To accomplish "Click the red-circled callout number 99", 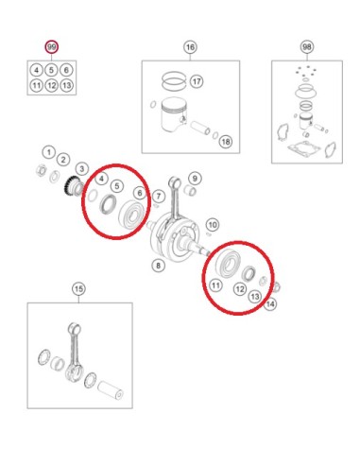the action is pyautogui.click(x=51, y=47).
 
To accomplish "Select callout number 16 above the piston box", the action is pyautogui.click(x=190, y=47).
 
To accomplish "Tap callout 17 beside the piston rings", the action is pyautogui.click(x=197, y=81).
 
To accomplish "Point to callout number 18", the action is pyautogui.click(x=226, y=142).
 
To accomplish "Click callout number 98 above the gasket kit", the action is pyautogui.click(x=307, y=47).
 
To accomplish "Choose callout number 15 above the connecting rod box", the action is pyautogui.click(x=78, y=288).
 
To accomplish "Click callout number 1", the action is pyautogui.click(x=48, y=153).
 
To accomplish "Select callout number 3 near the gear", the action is pyautogui.click(x=82, y=168).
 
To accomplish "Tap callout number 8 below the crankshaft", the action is pyautogui.click(x=158, y=266).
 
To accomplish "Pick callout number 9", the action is pyautogui.click(x=195, y=179).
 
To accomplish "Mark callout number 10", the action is pyautogui.click(x=213, y=225).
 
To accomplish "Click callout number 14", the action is pyautogui.click(x=270, y=304).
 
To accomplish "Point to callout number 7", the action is pyautogui.click(x=159, y=197).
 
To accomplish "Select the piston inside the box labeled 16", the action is pyautogui.click(x=173, y=114).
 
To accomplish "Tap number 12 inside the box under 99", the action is pyautogui.click(x=51, y=85).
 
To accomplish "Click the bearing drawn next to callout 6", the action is pyautogui.click(x=131, y=215).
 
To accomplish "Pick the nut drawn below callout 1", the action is pyautogui.click(x=41, y=170).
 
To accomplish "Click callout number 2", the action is pyautogui.click(x=63, y=160).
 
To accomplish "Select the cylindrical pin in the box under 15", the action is pyautogui.click(x=111, y=390).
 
